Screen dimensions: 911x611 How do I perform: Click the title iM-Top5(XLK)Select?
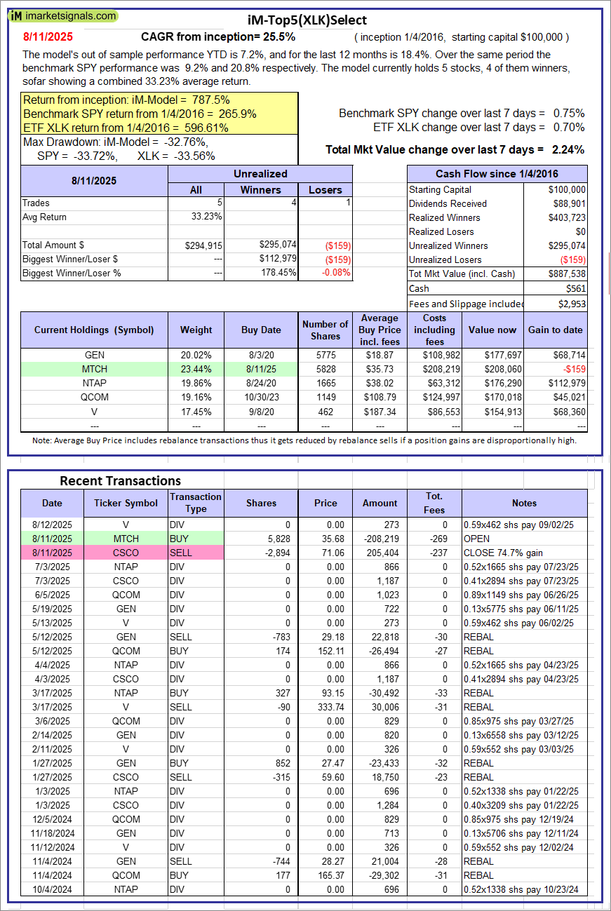pos(307,20)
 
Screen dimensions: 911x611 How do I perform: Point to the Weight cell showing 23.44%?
pos(196,369)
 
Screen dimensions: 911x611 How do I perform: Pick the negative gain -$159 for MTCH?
pos(572,369)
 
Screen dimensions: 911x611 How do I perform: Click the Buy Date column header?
pos(261,330)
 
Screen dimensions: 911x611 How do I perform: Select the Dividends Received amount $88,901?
pos(568,203)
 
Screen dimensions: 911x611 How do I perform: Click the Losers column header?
pos(325,189)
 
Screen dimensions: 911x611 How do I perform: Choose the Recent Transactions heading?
pos(120,480)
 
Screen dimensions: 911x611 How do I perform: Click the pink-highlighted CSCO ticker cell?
pos(126,553)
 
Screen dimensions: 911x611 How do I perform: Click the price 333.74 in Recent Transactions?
pos(325,707)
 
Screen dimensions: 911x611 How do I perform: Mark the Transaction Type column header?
pos(196,503)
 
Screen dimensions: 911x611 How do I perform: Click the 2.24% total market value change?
pos(568,149)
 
